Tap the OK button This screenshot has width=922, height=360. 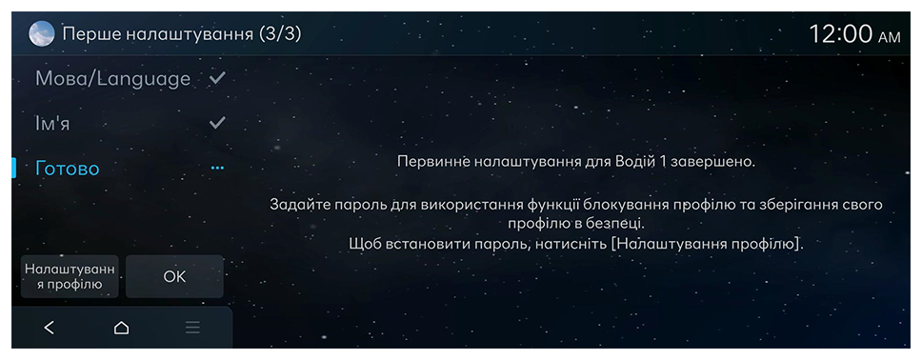(174, 276)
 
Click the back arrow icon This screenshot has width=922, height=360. (50, 328)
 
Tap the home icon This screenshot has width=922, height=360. (121, 328)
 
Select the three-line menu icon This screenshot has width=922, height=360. (192, 328)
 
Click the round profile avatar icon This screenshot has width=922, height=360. (42, 34)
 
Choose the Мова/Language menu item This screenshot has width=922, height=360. (113, 79)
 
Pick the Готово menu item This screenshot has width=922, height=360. (68, 169)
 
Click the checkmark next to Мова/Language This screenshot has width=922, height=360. (217, 78)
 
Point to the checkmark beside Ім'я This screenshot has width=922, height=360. (217, 122)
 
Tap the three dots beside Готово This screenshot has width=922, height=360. (217, 169)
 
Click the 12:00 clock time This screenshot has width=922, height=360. (841, 34)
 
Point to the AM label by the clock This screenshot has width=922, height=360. (889, 38)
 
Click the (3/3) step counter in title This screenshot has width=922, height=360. (280, 34)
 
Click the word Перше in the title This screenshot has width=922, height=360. (90, 34)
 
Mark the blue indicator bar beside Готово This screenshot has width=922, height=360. (13, 169)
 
